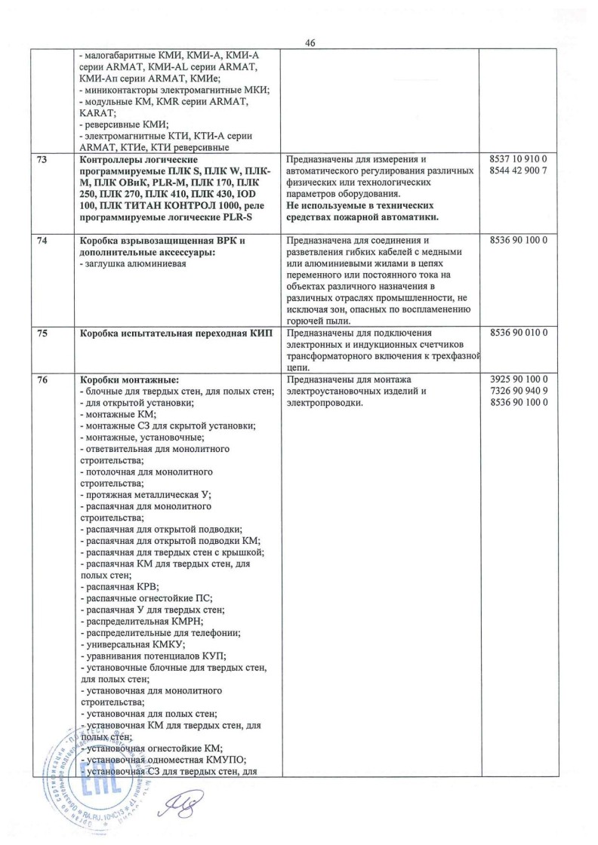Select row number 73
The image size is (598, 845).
click(x=50, y=160)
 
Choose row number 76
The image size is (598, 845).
click(x=50, y=380)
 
